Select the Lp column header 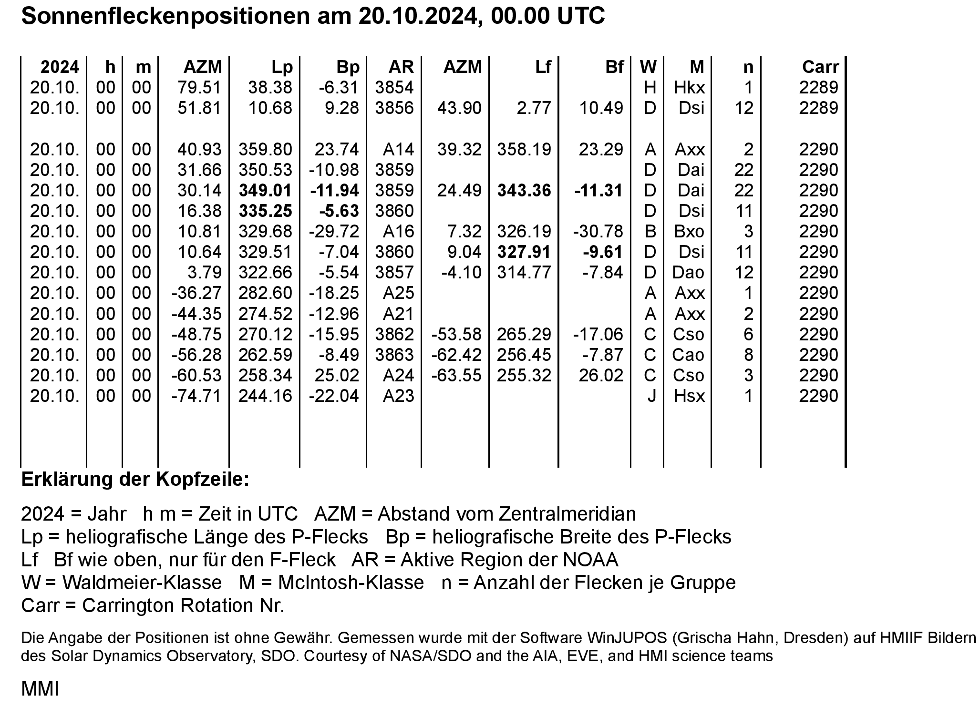pyautogui.click(x=282, y=67)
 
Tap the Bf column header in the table pyautogui.click(x=614, y=67)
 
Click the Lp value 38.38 pyautogui.click(x=270, y=88)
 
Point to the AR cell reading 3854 pyautogui.click(x=394, y=88)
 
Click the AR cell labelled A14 pyautogui.click(x=398, y=150)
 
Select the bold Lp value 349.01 pyautogui.click(x=265, y=191)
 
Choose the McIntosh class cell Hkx pyautogui.click(x=689, y=88)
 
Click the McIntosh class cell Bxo pyautogui.click(x=689, y=232)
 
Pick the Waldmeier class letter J pyautogui.click(x=651, y=396)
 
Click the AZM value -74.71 pyautogui.click(x=196, y=396)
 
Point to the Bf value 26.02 pyautogui.click(x=601, y=376)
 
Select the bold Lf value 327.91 pyautogui.click(x=524, y=252)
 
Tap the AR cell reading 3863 pyautogui.click(x=394, y=355)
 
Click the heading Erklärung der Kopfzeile pyautogui.click(x=135, y=480)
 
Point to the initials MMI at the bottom pyautogui.click(x=40, y=689)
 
